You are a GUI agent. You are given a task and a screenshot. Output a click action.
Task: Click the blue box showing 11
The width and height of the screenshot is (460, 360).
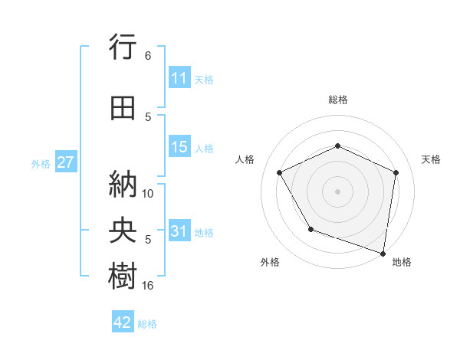[x=179, y=78]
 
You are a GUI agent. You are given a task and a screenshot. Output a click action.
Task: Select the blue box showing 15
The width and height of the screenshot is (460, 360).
[x=179, y=148]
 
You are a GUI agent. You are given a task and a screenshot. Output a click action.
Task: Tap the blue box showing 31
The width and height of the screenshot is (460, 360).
[x=179, y=232]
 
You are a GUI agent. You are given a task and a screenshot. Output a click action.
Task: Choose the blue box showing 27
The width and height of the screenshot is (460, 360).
[x=66, y=162]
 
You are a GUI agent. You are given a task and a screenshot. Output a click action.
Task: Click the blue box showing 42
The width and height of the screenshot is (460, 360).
[x=123, y=322]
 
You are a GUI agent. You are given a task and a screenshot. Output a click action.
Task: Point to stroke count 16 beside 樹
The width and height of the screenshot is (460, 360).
[x=148, y=285]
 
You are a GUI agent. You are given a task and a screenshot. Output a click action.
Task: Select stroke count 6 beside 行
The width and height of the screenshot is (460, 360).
[x=148, y=56]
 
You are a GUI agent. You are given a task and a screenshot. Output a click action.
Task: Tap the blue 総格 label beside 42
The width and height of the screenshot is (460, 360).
[x=147, y=323]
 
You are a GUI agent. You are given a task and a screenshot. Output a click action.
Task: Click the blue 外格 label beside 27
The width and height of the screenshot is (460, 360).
[x=41, y=163]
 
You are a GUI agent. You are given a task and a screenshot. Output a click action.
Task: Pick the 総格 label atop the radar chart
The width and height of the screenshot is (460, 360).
[x=337, y=100]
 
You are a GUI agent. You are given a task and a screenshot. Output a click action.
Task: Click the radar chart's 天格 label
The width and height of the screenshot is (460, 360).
[x=431, y=159]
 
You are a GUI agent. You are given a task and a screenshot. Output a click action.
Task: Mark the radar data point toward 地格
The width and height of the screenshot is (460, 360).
[x=383, y=253]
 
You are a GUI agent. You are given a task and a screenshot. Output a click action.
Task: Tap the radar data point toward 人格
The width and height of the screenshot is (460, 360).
[x=280, y=173]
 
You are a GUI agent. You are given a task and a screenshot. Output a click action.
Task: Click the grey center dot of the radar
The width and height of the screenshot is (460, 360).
[x=337, y=191]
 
